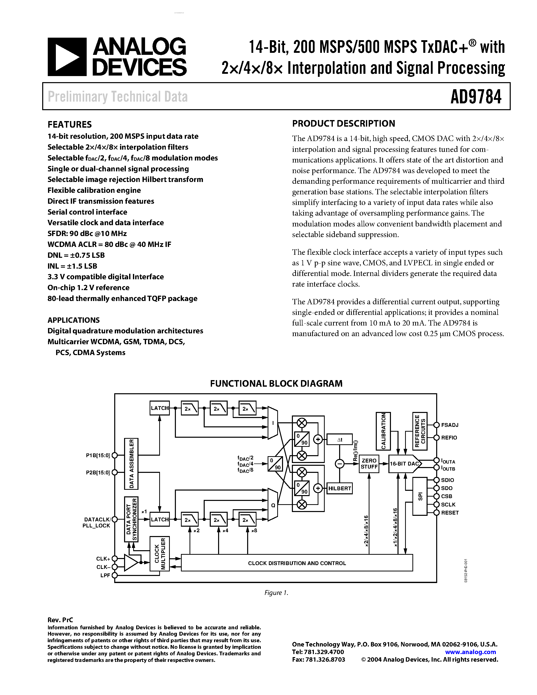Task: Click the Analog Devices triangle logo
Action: coord(67,57)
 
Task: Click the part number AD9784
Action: coord(476,97)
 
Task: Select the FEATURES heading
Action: coord(70,124)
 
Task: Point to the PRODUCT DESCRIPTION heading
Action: coord(344,124)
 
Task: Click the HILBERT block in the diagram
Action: coord(339,489)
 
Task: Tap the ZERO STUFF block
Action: coord(369,464)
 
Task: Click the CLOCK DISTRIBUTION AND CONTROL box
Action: coord(297,563)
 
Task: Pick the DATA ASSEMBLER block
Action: coord(131,464)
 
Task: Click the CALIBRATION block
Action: coord(383,431)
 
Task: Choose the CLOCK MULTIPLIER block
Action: coord(160,554)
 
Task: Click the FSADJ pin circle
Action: coord(436,425)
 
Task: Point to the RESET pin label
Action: coord(450,513)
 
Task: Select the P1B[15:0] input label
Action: coord(98,455)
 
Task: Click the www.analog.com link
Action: coord(471,652)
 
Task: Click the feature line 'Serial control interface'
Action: coord(87,212)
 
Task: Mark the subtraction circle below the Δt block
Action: coord(339,464)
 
